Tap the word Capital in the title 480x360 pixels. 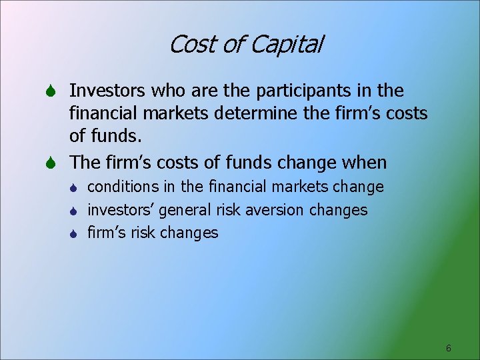[x=287, y=45]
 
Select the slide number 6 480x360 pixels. [x=449, y=348]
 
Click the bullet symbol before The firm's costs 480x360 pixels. [x=55, y=163]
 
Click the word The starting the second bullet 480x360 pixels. [x=85, y=163]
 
